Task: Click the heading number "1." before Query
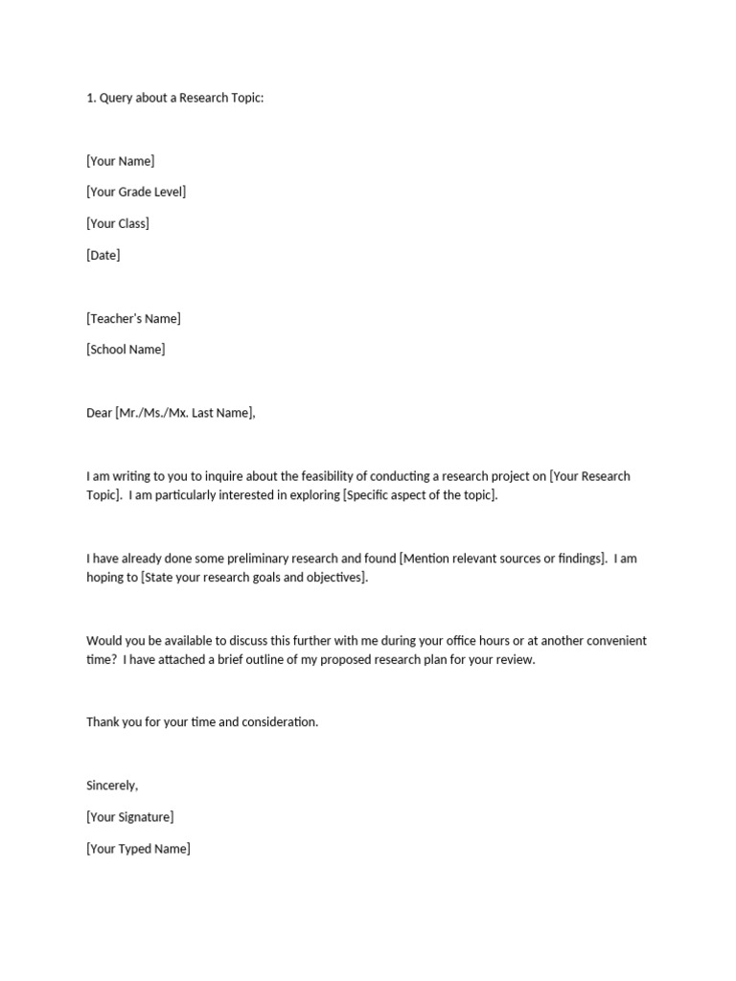(91, 98)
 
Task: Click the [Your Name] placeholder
(120, 161)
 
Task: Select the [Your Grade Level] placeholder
(136, 192)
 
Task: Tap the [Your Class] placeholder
(118, 223)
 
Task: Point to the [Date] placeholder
(103, 255)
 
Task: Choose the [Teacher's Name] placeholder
(133, 318)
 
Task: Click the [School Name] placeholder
(126, 350)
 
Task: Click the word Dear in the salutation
(99, 413)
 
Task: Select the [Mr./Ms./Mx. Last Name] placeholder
(186, 413)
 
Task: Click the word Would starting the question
(104, 641)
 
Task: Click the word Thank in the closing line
(103, 722)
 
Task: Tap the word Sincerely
(112, 786)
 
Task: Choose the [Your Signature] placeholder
(130, 817)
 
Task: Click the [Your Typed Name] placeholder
(138, 849)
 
